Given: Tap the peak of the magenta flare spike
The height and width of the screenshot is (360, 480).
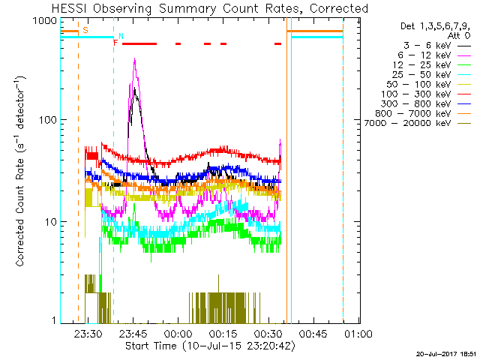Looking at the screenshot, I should [135, 61].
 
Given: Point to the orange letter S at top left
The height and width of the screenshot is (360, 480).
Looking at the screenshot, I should [85, 30].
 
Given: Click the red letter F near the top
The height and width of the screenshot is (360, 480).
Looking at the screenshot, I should [115, 43].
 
